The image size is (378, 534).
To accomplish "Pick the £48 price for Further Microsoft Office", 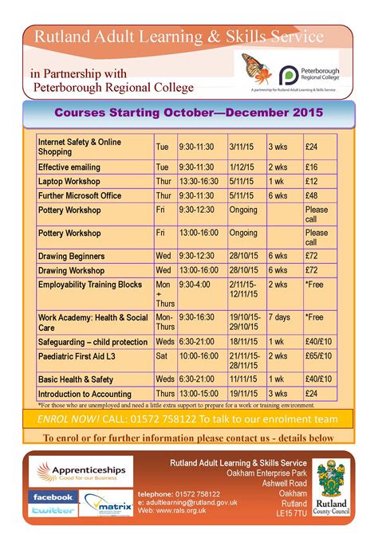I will [312, 195].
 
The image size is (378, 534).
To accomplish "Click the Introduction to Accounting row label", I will [85, 393].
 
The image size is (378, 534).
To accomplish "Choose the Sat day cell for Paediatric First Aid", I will [163, 355].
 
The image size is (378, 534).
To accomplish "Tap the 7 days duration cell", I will [279, 316].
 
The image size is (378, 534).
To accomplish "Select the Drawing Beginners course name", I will [72, 256].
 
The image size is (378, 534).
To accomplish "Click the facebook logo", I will [53, 497].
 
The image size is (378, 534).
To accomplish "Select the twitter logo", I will [52, 510].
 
